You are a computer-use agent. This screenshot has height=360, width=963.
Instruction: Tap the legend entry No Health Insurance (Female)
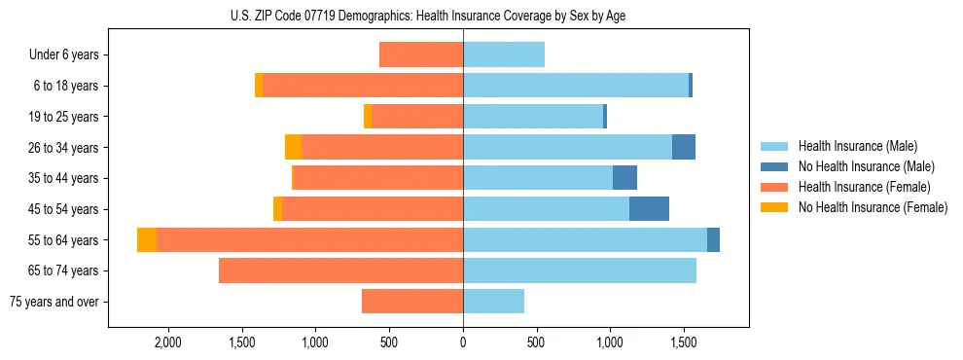coord(873,207)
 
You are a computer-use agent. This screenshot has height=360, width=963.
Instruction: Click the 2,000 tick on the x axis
coord(167,343)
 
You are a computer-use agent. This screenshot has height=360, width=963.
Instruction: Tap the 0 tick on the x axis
coord(463,343)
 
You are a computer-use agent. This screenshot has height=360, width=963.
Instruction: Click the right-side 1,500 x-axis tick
coord(684,343)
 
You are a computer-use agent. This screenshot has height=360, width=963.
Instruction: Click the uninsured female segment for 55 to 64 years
coord(147,240)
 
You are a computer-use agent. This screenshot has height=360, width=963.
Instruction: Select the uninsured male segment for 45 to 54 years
coord(649,209)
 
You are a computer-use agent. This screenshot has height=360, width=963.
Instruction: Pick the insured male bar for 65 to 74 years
coord(580,270)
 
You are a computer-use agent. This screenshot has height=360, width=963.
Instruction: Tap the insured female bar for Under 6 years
coord(421,55)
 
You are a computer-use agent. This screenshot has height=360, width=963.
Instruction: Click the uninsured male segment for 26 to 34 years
coord(684,148)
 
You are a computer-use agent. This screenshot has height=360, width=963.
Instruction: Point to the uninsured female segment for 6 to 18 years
coord(259,86)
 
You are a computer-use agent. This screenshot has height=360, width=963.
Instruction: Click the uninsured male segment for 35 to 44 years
coord(624,178)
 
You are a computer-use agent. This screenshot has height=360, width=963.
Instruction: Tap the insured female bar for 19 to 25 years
coord(417,117)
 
